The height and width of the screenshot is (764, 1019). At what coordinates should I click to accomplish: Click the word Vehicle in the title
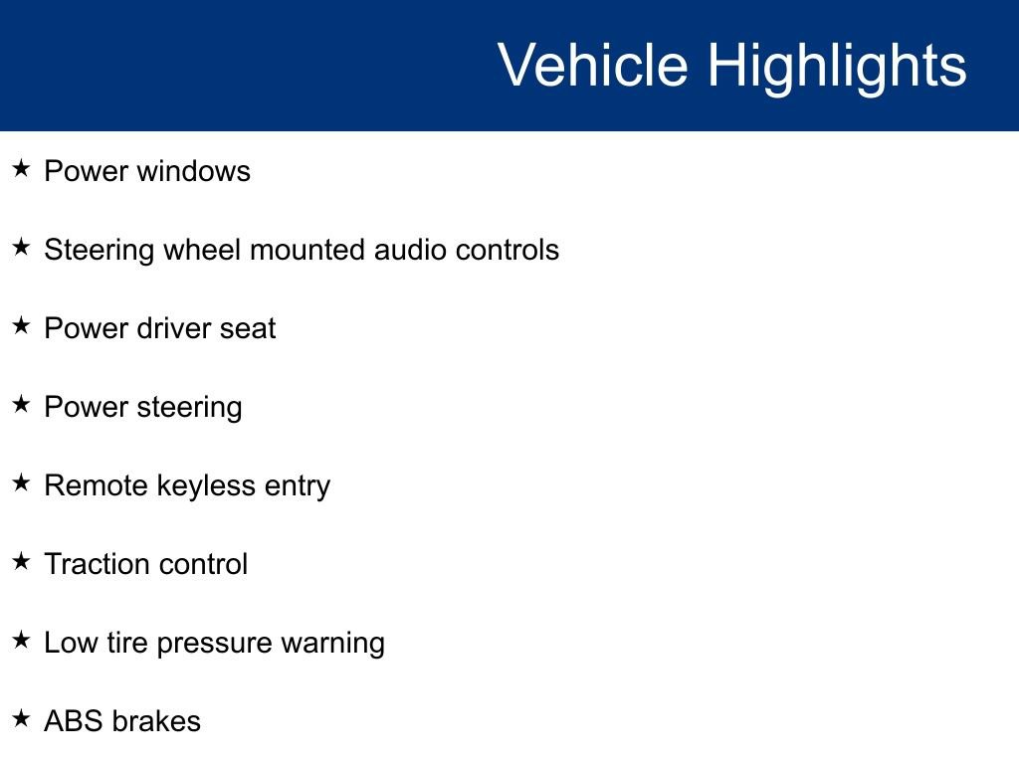[592, 66]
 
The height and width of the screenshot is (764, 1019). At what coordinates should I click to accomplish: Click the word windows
[193, 171]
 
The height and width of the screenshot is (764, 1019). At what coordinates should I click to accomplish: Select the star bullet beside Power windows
[22, 169]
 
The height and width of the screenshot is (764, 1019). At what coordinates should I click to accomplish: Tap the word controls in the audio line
[508, 250]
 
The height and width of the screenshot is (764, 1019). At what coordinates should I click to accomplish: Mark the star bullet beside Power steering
[22, 405]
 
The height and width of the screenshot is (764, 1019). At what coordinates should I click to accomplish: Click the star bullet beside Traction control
[22, 562]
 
